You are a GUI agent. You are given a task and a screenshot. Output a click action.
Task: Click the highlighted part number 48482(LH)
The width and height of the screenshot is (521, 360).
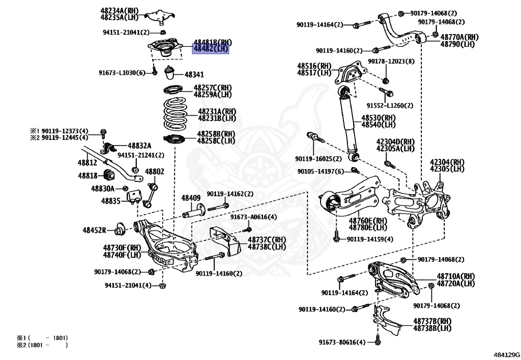210,49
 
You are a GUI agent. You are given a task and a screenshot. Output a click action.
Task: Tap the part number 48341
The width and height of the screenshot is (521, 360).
194,74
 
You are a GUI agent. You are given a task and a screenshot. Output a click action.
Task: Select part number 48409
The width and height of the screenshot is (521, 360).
191,198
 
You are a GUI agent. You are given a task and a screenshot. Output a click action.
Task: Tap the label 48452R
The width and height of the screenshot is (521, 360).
94,230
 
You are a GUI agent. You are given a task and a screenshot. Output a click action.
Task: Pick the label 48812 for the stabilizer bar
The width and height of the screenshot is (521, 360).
87,162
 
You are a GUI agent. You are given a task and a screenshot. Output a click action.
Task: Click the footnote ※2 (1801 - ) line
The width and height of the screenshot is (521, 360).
42,345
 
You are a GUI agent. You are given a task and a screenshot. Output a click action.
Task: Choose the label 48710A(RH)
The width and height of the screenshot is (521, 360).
455,276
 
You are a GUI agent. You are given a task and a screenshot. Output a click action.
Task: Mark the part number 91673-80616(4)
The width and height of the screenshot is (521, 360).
342,342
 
